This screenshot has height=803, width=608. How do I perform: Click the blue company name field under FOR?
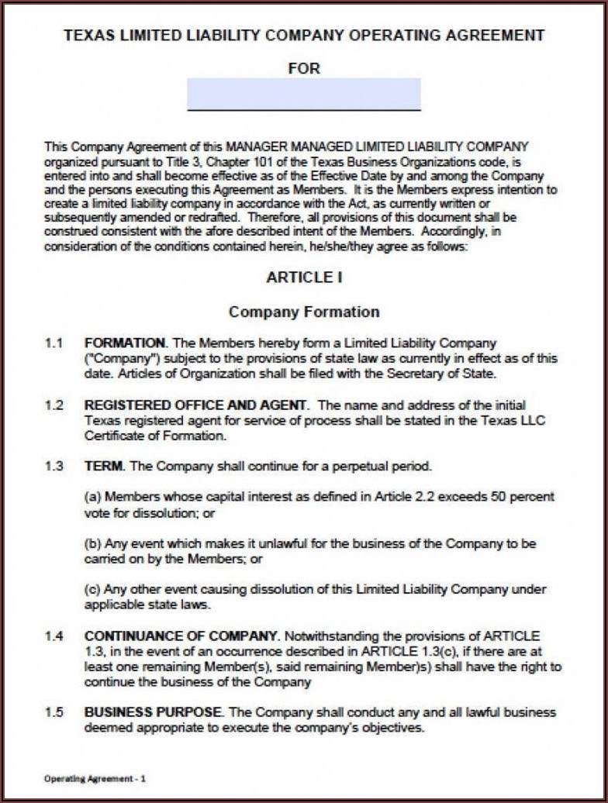tap(304, 94)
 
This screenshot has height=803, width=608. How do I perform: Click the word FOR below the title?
tap(304, 68)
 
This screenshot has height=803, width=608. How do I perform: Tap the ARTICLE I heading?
tap(304, 277)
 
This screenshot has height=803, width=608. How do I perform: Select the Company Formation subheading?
tap(304, 312)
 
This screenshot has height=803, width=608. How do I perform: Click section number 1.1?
tap(53, 343)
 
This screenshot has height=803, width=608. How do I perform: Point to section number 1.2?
tap(53, 405)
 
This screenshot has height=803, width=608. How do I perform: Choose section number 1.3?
tap(53, 467)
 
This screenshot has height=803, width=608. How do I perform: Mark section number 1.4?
tap(53, 636)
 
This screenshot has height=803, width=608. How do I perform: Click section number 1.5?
tap(53, 712)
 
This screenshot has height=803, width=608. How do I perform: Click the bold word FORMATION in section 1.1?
tap(124, 343)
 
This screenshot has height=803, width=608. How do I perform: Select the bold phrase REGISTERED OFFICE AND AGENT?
tap(196, 405)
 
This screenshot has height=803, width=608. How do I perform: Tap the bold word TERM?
tap(103, 467)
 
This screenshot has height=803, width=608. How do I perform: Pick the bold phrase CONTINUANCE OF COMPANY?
tap(181, 636)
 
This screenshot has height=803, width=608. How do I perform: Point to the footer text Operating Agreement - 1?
tap(95, 777)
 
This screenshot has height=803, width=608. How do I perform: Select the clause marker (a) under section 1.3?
tap(92, 497)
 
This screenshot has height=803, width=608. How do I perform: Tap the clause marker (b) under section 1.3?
tap(92, 543)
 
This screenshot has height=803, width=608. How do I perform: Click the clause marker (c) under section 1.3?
tap(92, 590)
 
